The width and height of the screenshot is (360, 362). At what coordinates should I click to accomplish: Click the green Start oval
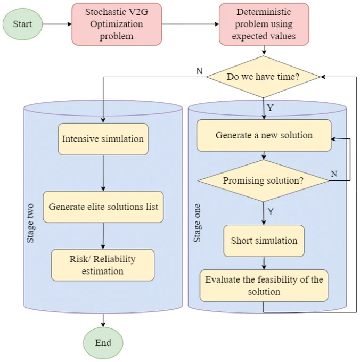pyautogui.click(x=22, y=24)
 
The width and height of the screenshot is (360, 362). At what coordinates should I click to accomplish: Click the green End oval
pyautogui.click(x=103, y=343)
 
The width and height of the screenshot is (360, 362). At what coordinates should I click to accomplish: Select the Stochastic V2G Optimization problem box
pyautogui.click(x=117, y=24)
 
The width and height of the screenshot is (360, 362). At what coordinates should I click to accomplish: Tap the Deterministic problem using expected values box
pyautogui.click(x=264, y=24)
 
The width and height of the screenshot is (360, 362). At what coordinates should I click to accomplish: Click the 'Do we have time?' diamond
pyautogui.click(x=263, y=77)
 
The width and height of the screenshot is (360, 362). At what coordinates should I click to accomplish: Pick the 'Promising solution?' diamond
pyautogui.click(x=264, y=180)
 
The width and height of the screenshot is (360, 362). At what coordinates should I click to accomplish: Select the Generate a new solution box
pyautogui.click(x=264, y=135)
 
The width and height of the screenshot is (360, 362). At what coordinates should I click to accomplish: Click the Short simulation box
pyautogui.click(x=264, y=241)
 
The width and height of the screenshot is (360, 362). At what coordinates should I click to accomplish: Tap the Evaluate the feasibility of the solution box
pyautogui.click(x=264, y=285)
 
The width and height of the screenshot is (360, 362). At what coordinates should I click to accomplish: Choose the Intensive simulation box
pyautogui.click(x=103, y=139)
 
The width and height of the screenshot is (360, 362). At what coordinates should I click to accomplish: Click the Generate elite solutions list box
pyautogui.click(x=103, y=207)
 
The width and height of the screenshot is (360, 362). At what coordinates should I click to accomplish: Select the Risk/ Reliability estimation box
pyautogui.click(x=103, y=265)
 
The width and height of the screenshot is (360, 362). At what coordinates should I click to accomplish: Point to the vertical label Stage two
pyautogui.click(x=30, y=223)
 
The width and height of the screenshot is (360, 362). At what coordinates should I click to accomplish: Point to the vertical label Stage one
pyautogui.click(x=197, y=223)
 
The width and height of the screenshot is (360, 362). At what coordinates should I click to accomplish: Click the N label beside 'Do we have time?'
pyautogui.click(x=200, y=71)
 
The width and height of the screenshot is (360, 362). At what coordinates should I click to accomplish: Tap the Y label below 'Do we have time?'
pyautogui.click(x=270, y=108)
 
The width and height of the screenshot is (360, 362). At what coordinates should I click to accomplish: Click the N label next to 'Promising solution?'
pyautogui.click(x=334, y=174)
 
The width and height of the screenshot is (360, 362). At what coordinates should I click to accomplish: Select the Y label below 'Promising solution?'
pyautogui.click(x=271, y=211)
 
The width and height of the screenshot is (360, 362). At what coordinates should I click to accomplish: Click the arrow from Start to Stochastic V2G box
pyautogui.click(x=58, y=24)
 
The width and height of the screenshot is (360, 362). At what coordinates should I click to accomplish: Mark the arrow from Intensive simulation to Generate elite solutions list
pyautogui.click(x=103, y=173)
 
